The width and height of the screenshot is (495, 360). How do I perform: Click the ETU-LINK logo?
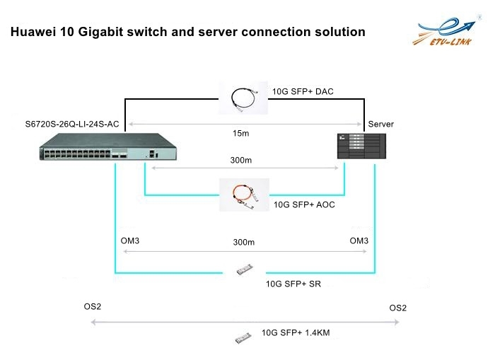pyautogui.click(x=448, y=35)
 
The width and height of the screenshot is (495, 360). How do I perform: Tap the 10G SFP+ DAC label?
pyautogui.click(x=302, y=91)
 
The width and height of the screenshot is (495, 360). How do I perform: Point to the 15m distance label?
pyautogui.click(x=244, y=132)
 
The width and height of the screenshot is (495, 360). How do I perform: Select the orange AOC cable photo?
pyautogui.click(x=244, y=195)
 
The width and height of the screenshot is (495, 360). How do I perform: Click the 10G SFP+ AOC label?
pyautogui.click(x=303, y=205)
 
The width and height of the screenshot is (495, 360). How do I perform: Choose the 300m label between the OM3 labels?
pyautogui.click(x=243, y=242)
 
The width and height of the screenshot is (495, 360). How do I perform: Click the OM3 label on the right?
pyautogui.click(x=359, y=241)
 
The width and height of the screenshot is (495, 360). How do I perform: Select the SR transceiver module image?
pyautogui.click(x=244, y=269)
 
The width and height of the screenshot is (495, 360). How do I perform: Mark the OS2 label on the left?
pyautogui.click(x=93, y=307)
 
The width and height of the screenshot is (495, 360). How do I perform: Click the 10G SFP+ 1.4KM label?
pyautogui.click(x=296, y=332)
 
